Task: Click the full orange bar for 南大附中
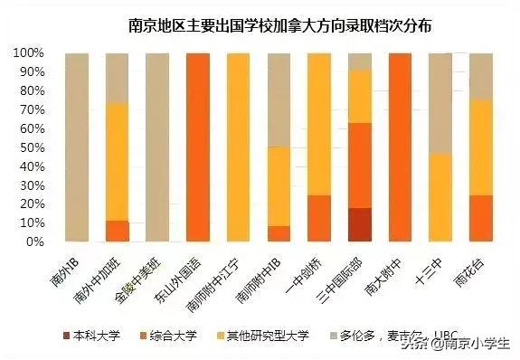point(399,148)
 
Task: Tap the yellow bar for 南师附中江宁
point(238,148)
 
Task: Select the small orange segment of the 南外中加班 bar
point(118,232)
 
